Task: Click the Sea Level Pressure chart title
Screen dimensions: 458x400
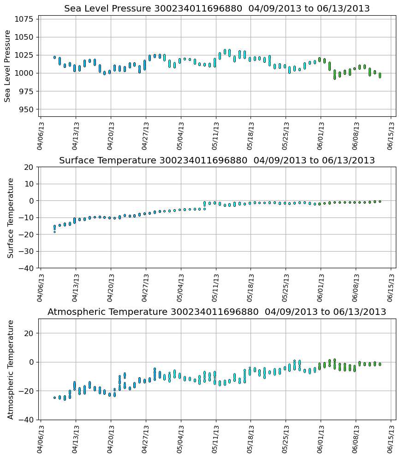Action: [217, 8]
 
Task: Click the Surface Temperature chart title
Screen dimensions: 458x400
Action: [217, 160]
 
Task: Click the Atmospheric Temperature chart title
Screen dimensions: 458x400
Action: [217, 312]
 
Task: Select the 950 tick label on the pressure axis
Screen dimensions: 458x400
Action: [27, 109]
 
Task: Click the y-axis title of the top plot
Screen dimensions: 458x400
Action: [7, 66]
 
